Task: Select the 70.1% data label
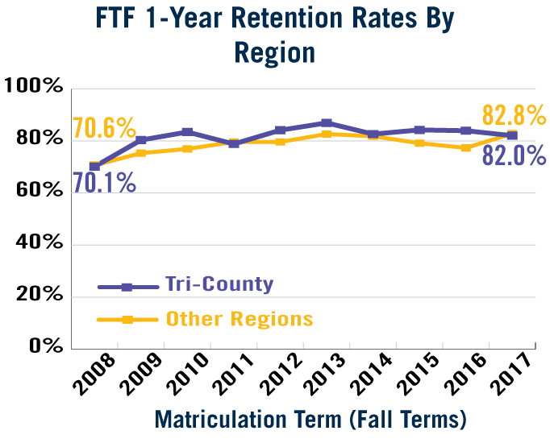point(104,183)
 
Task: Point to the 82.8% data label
point(515,116)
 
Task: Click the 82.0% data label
point(515,155)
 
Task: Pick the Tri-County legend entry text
point(219,284)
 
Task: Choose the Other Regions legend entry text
point(240,319)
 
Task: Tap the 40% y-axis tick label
point(38,244)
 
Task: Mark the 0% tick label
point(44,346)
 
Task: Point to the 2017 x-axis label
point(515,375)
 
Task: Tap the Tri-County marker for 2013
point(327,123)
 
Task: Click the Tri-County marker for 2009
point(141,140)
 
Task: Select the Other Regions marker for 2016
point(466,148)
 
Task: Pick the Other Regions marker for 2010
point(188,149)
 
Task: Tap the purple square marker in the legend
point(127,286)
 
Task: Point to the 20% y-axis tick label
point(38,296)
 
